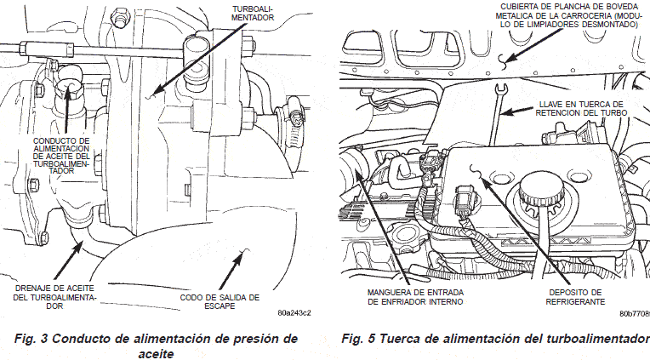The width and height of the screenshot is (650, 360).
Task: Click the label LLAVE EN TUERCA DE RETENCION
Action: [x=583, y=107]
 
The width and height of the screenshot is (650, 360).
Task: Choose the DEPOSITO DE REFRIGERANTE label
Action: [x=576, y=297]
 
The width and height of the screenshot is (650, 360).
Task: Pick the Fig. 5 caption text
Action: [x=494, y=339]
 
